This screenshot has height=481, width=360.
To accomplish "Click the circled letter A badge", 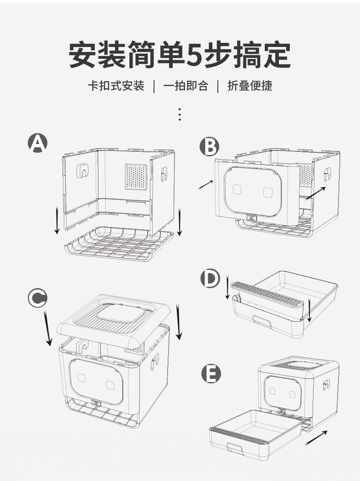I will coord(38,143).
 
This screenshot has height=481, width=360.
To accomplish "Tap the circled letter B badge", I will coord(210,147).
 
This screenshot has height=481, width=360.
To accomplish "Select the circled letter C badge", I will coord(37,298).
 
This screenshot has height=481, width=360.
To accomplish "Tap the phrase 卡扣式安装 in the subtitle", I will coord(116,86).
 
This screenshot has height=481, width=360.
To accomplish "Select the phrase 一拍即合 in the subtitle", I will coord(185,86).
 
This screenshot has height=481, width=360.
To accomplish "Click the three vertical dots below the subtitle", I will coord(180,114).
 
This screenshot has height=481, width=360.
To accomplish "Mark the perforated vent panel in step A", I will coord(137,177).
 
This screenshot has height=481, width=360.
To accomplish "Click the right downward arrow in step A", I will coord(180,222).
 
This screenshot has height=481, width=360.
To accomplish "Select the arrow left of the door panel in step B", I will coord(206,185).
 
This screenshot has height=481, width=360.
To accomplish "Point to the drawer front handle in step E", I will coord(235,448).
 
